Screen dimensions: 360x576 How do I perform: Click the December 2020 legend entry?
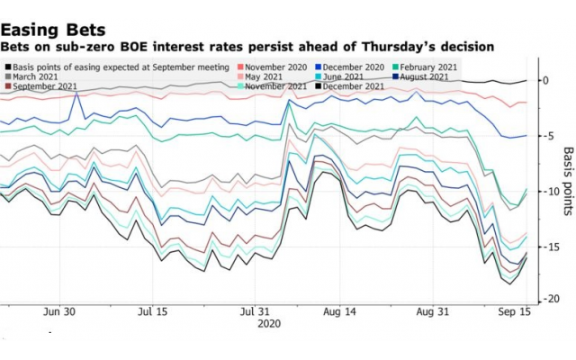tap(355, 67)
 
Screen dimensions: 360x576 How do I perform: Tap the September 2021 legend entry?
tap(44, 86)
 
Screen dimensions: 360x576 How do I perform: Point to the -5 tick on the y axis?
tap(545, 136)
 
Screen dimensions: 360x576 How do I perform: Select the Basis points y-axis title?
tap(567, 181)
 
